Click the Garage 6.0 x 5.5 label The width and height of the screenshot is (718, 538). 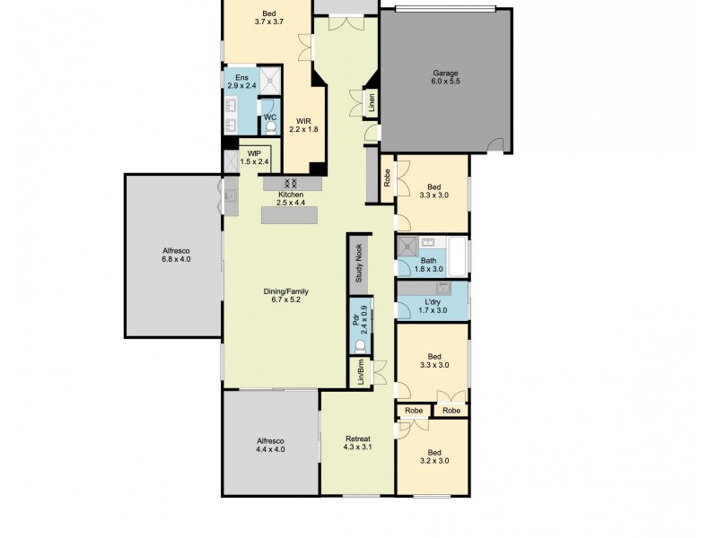tap(445, 76)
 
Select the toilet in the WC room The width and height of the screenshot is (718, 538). tap(270, 129)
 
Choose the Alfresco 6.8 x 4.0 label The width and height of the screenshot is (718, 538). tap(176, 254)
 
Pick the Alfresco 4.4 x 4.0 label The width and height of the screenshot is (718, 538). tap(270, 446)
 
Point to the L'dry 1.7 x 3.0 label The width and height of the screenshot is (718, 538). tap(431, 306)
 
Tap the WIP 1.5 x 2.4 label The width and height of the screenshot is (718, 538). tap(255, 157)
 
